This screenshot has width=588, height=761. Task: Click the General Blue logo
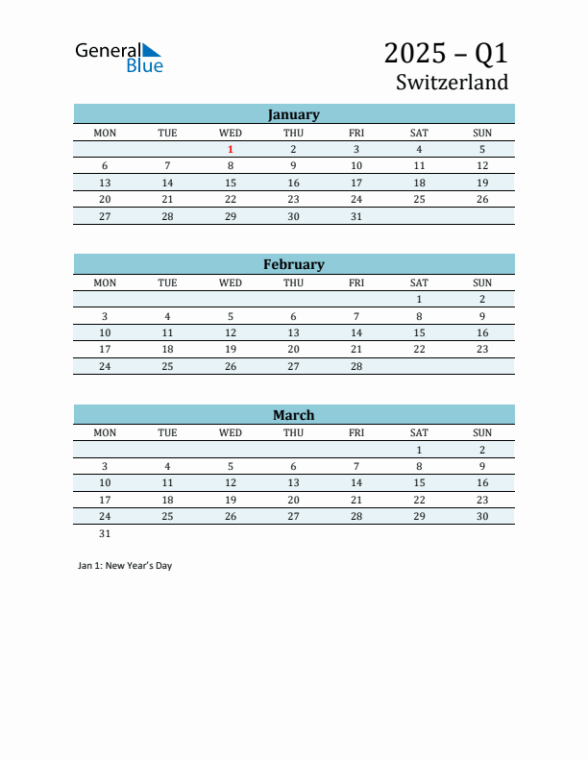tap(119, 57)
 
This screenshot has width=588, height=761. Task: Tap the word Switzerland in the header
tap(452, 83)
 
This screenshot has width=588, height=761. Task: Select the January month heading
tap(293, 114)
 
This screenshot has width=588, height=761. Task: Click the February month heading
tap(293, 264)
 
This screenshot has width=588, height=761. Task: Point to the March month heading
tap(293, 415)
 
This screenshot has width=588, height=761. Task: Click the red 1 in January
tap(231, 149)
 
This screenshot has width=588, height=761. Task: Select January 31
tap(356, 216)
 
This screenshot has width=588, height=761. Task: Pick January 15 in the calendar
tap(231, 183)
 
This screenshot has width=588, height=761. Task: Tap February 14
tap(356, 332)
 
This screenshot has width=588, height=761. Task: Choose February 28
tap(356, 366)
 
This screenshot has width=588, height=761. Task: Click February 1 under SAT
tap(419, 299)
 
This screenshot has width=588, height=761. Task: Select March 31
tap(105, 533)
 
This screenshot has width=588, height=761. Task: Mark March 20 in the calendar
tap(293, 500)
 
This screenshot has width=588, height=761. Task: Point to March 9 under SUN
tap(482, 466)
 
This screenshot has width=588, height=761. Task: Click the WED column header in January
tap(231, 133)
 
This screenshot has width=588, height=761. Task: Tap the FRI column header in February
tap(356, 282)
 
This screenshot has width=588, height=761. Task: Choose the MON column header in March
tap(105, 432)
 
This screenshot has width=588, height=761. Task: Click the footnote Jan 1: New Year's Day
tap(125, 566)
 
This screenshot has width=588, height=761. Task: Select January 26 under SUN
tap(482, 199)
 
